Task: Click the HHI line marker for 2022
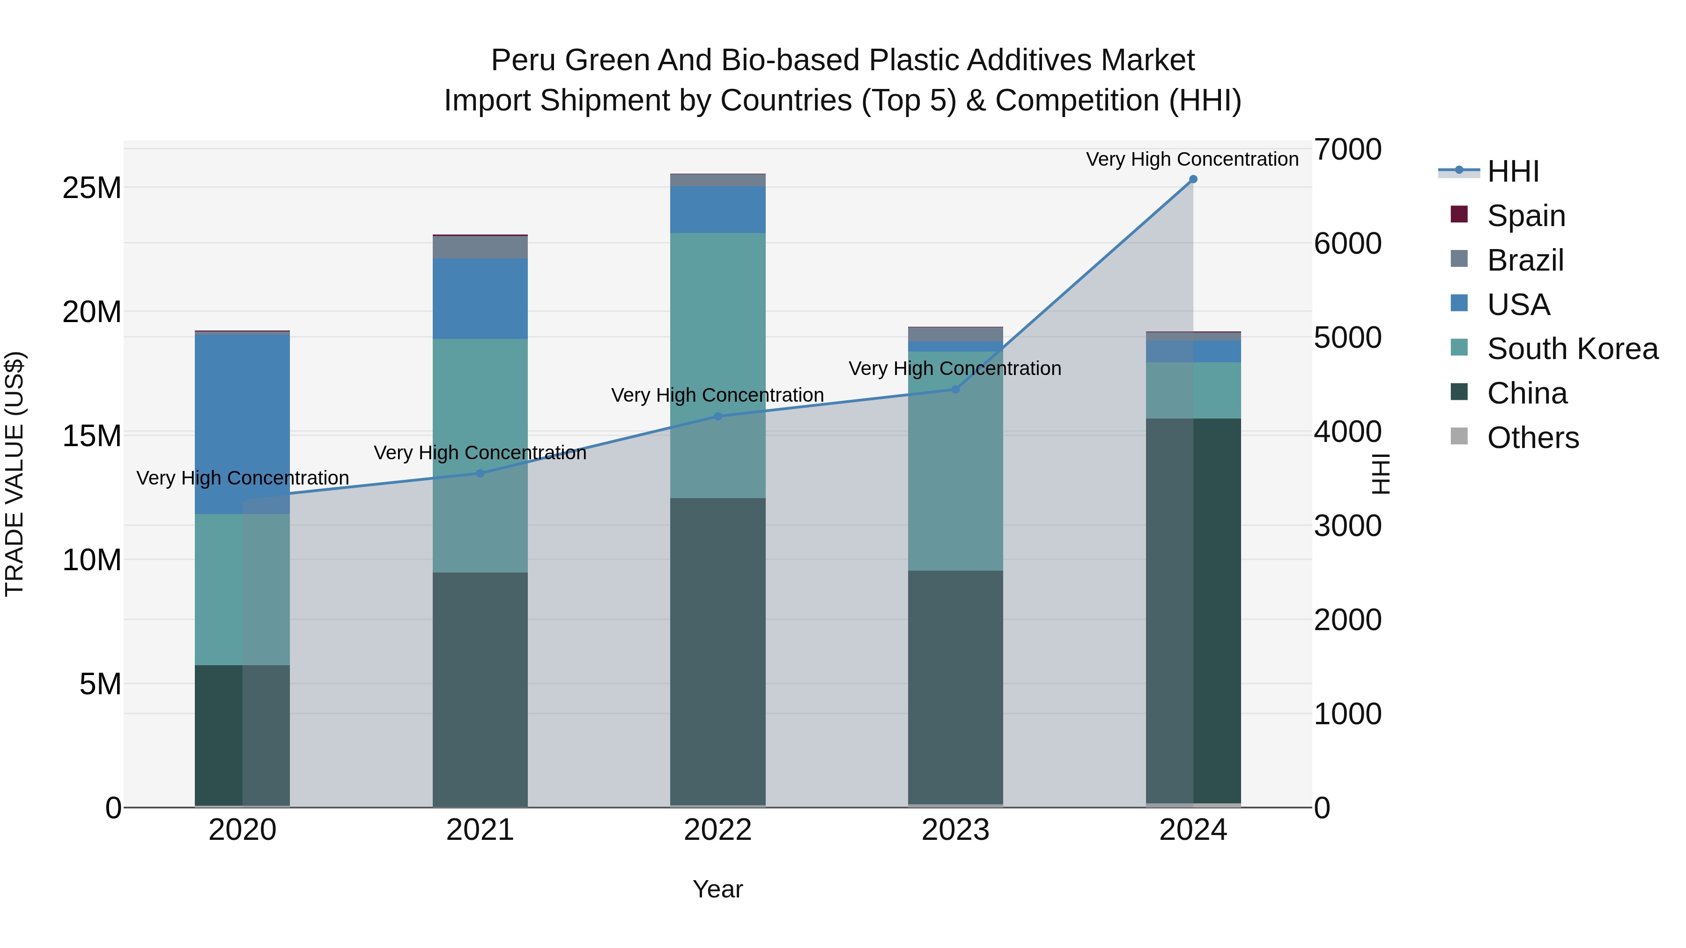717,416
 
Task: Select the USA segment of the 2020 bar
242,424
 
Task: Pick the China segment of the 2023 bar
955,687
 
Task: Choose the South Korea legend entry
1571,349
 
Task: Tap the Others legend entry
1532,438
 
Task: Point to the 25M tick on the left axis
92,188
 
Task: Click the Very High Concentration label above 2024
1192,159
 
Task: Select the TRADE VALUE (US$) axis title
15,474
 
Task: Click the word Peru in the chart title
523,60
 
